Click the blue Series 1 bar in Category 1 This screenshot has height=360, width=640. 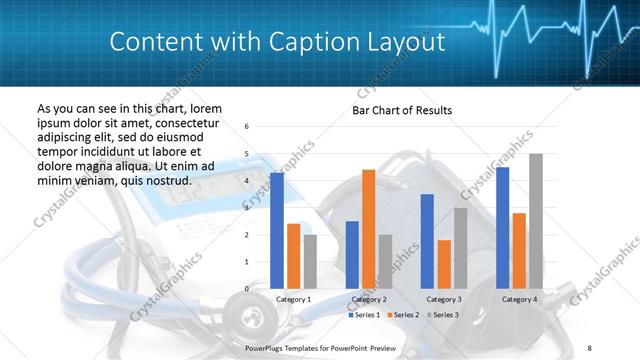click(277, 231)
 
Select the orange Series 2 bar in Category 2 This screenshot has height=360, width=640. click(368, 229)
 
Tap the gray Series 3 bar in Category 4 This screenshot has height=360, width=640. click(536, 221)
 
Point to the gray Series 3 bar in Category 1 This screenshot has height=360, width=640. click(310, 262)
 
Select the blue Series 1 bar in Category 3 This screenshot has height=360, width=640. click(427, 241)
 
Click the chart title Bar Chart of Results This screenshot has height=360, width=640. click(401, 110)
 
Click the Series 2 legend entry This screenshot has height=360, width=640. click(401, 315)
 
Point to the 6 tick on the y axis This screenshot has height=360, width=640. click(247, 127)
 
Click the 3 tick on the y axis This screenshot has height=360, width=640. click(247, 208)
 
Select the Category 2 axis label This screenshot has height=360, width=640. click(369, 299)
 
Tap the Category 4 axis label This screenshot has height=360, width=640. click(519, 299)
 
